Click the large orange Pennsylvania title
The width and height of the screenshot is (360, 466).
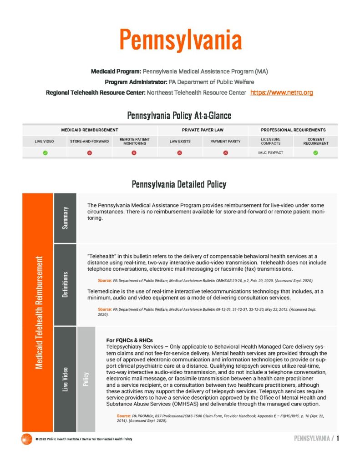[x=180, y=40]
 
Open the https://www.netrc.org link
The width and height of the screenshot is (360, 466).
[x=282, y=92]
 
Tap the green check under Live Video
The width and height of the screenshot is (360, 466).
[x=45, y=153]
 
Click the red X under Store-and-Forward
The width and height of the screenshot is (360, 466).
[x=89, y=153]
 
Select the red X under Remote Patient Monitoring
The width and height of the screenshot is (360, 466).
[x=134, y=153]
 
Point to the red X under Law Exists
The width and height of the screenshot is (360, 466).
[x=180, y=153]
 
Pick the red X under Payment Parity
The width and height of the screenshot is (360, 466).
[x=225, y=153]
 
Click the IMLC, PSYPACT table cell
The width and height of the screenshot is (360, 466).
[x=270, y=153]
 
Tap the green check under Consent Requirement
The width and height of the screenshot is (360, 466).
[x=315, y=153]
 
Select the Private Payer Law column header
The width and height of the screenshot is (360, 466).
[x=203, y=130]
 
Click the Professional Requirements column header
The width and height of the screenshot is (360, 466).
[x=293, y=130]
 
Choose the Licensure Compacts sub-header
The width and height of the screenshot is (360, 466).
[x=270, y=141]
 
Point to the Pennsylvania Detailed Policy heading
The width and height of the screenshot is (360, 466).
[x=179, y=184]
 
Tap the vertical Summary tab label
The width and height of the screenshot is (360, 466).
[x=65, y=218]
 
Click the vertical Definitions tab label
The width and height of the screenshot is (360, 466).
[x=65, y=285]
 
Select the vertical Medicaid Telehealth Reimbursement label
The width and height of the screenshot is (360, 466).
[x=38, y=312]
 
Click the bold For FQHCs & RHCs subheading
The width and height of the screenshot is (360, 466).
[x=129, y=340]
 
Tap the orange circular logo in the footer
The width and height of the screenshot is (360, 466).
[x=26, y=439]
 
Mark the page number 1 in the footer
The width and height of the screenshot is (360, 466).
[x=338, y=439]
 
